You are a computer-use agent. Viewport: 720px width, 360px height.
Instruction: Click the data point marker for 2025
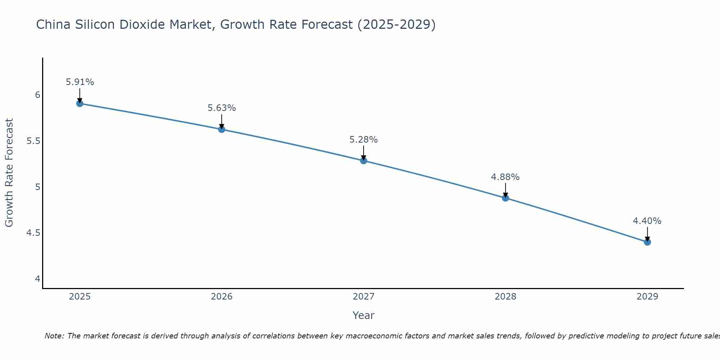[x=80, y=104]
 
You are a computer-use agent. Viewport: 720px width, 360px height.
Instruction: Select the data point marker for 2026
[x=222, y=129]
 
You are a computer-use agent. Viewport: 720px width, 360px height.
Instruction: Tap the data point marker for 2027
[x=364, y=161]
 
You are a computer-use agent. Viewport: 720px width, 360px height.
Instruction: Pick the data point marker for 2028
[x=505, y=198]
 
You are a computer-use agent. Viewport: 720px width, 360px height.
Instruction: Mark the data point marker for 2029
[x=647, y=242]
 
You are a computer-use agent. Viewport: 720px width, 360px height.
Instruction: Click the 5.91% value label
[x=80, y=82]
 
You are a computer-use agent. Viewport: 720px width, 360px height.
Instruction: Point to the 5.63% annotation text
[x=222, y=108]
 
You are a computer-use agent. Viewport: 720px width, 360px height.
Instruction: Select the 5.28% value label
[x=364, y=140]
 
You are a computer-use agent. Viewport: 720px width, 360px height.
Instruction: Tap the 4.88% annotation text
[x=505, y=177]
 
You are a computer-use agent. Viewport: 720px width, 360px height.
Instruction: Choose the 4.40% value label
[x=647, y=221]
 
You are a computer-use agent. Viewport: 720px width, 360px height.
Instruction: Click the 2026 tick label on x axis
[x=222, y=297]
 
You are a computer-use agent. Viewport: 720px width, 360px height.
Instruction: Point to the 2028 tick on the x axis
[x=505, y=297]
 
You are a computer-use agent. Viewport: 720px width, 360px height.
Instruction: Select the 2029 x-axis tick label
[x=647, y=297]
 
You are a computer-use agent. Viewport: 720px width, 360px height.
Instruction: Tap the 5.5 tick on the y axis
[x=33, y=141]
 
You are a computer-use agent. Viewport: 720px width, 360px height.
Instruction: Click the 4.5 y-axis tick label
[x=33, y=233]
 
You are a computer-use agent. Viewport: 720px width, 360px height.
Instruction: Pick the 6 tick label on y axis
[x=37, y=95]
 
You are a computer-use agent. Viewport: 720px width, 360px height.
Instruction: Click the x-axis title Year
[x=364, y=315]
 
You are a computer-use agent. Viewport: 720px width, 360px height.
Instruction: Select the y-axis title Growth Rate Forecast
[x=9, y=173]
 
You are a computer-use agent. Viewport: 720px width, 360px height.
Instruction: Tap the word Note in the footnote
[x=54, y=336]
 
